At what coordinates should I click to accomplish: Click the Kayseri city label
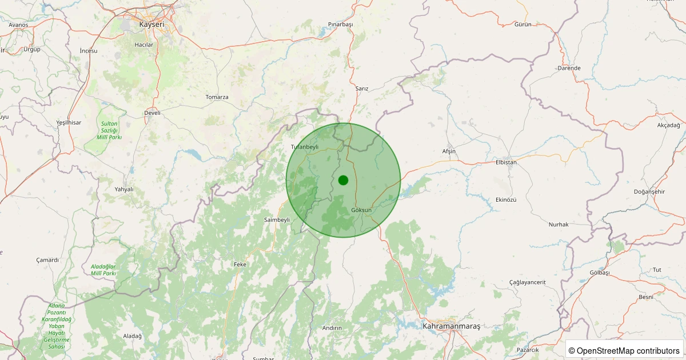pyautogui.click(x=151, y=25)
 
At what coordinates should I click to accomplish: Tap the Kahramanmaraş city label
pyautogui.click(x=452, y=326)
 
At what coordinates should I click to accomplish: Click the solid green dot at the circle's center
pyautogui.click(x=343, y=180)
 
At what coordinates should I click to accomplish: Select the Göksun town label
pyautogui.click(x=361, y=210)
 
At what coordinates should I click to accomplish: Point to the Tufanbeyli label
pyautogui.click(x=305, y=147)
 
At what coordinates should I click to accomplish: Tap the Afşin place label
pyautogui.click(x=449, y=151)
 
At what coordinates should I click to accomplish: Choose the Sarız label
pyautogui.click(x=362, y=89)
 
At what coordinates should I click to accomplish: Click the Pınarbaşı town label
pyautogui.click(x=341, y=25)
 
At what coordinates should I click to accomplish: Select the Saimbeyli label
pyautogui.click(x=277, y=220)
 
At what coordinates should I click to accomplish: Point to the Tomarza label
pyautogui.click(x=217, y=97)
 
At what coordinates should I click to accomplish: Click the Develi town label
pyautogui.click(x=152, y=113)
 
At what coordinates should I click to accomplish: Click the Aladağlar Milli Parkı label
pyautogui.click(x=103, y=270)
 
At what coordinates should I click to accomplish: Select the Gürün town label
pyautogui.click(x=523, y=25)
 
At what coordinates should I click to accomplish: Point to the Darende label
pyautogui.click(x=569, y=68)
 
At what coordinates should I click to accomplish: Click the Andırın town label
pyautogui.click(x=332, y=328)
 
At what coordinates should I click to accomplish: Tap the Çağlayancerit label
pyautogui.click(x=528, y=282)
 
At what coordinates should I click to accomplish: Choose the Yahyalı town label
pyautogui.click(x=124, y=189)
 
